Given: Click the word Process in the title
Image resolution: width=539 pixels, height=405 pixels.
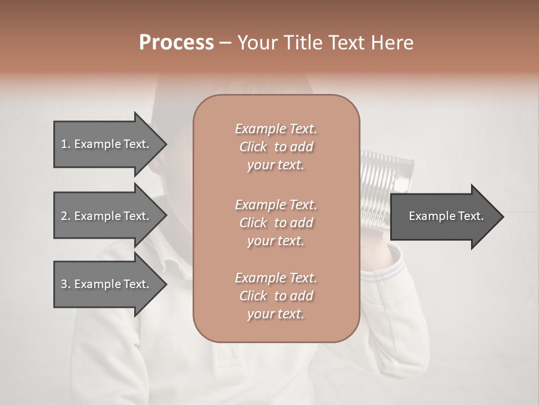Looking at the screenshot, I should point(176,43).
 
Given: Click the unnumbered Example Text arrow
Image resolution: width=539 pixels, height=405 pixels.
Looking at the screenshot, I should point(446,217).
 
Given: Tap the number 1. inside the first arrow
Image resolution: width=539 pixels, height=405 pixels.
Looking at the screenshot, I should point(66,144).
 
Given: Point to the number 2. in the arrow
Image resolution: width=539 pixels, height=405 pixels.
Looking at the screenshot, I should point(66,216).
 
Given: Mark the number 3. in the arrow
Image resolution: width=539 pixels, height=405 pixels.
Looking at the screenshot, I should point(66,284).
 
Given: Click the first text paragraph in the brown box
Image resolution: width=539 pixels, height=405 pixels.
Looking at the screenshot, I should point(276,147).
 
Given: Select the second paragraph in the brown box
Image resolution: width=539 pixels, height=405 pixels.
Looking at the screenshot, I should point(276,223).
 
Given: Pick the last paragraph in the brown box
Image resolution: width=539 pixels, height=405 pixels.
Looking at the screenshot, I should point(276,296).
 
